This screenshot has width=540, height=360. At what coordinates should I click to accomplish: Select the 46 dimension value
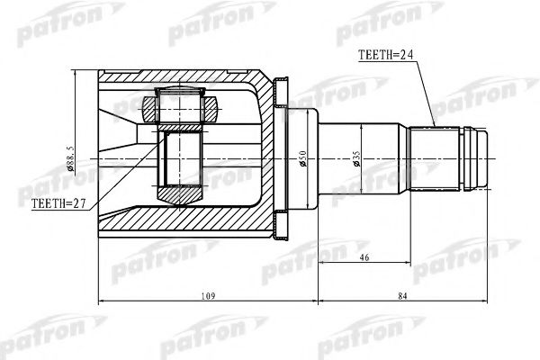tap(363, 257)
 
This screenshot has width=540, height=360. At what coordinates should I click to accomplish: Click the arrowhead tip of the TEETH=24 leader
tap(434, 125)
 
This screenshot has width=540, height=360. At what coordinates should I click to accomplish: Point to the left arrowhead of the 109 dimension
tap(98, 301)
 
